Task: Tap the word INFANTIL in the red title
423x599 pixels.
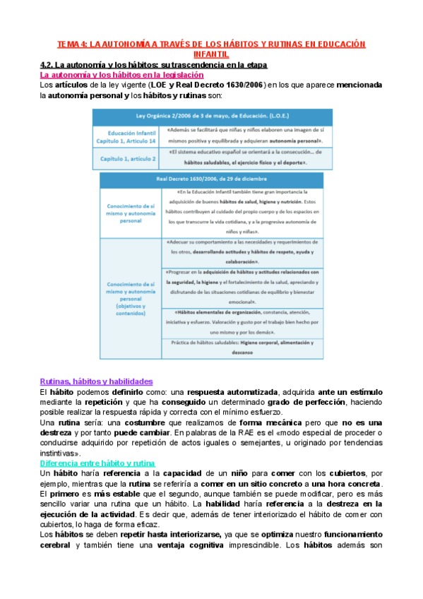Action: [211, 53]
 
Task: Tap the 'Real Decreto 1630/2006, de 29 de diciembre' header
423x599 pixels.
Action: [212, 179]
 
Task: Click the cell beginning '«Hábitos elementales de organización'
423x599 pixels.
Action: [242, 319]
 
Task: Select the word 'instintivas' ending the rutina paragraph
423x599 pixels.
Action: [59, 433]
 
